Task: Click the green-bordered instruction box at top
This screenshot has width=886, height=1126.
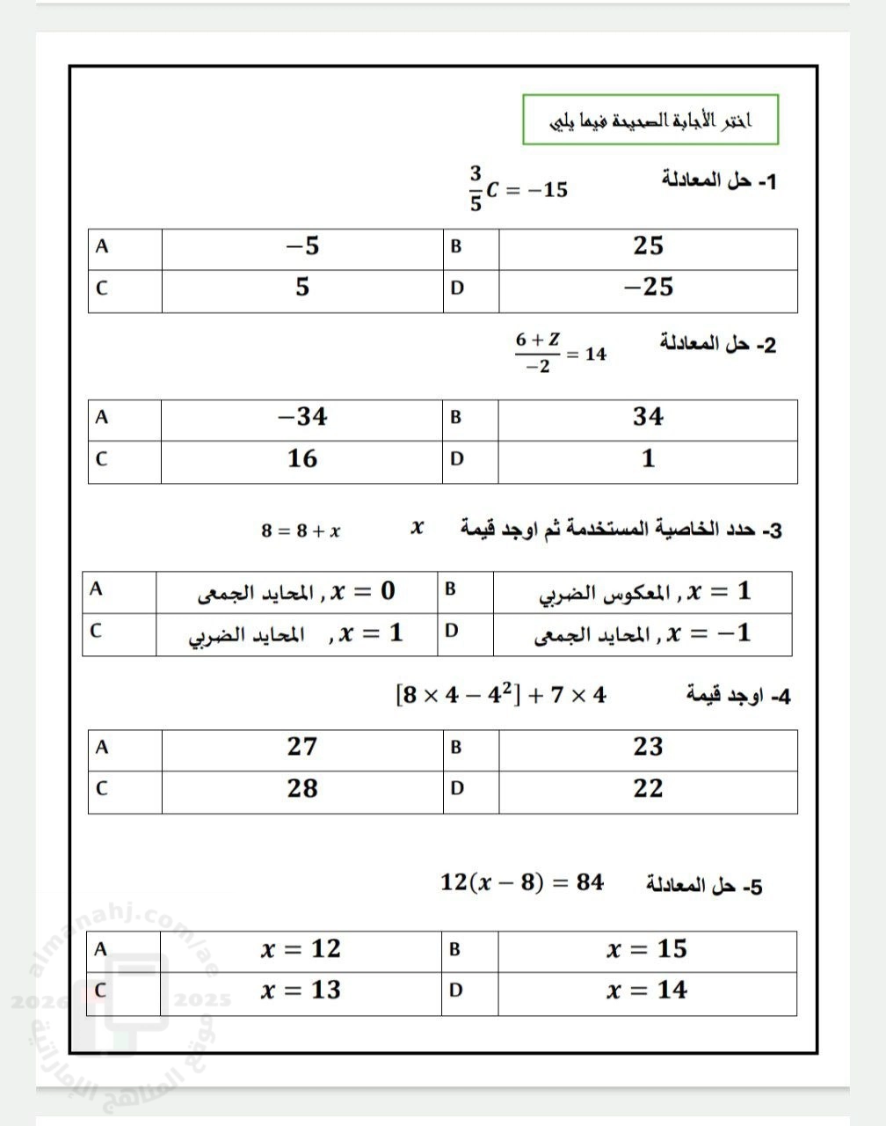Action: pos(650,120)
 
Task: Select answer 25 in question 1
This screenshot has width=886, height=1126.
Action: pos(648,246)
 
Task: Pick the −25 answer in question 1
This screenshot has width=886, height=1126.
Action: pos(648,288)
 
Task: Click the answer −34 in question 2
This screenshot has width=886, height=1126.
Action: pos(301,417)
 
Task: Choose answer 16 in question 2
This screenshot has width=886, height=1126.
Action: pos(301,458)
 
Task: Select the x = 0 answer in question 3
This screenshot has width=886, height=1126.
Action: pos(297,592)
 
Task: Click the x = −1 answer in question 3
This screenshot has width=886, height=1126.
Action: pos(642,633)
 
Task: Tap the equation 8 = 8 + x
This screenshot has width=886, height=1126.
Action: pos(301,530)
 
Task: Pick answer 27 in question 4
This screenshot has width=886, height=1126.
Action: pos(301,747)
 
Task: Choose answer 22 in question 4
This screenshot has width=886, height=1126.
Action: pos(648,788)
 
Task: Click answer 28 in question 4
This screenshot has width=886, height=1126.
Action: pos(301,788)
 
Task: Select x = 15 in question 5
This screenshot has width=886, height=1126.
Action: pos(647,949)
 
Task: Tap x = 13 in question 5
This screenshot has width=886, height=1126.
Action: pos(301,991)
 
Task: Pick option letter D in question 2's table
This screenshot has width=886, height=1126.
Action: pos(456,459)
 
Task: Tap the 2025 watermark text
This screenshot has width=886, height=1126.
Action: pos(203,1000)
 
